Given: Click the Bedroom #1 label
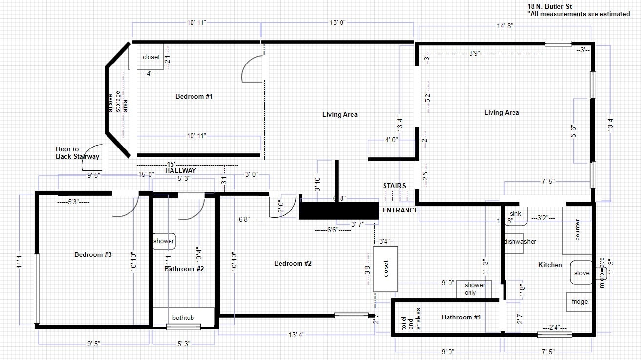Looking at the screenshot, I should click(x=194, y=97).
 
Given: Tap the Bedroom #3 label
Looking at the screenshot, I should click(x=93, y=254).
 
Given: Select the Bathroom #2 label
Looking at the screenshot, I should click(x=184, y=269).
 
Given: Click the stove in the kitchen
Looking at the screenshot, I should click(x=581, y=274).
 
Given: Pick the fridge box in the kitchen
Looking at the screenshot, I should click(x=579, y=302).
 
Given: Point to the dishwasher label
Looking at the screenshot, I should click(x=520, y=242).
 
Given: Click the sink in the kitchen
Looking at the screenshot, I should click(x=515, y=215).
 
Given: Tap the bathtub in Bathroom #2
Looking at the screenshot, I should click(x=183, y=318).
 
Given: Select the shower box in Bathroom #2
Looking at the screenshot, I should click(x=164, y=241).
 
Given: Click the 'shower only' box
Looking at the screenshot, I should click(x=474, y=289).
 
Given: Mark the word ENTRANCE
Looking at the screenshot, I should click(x=400, y=210).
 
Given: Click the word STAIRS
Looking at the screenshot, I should click(x=394, y=186).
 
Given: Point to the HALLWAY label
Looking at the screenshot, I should click(x=180, y=171).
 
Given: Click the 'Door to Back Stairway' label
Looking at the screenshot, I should click(x=77, y=153).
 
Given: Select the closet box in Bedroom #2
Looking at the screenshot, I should click(x=385, y=269).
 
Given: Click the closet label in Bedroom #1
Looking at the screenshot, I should click(x=151, y=57).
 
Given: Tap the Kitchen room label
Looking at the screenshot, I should click(x=550, y=265).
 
